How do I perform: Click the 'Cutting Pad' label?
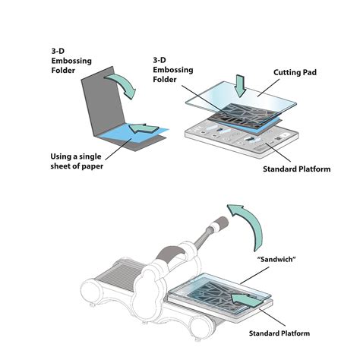295,72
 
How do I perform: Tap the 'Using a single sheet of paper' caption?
77,161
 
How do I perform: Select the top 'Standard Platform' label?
296,169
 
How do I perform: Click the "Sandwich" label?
276,259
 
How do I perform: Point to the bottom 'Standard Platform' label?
279,333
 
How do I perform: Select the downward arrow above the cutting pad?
240,86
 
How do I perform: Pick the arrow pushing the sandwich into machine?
247,300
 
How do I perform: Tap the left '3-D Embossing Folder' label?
71,61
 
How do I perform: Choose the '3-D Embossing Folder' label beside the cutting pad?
172,70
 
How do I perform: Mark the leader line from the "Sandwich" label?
254,275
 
